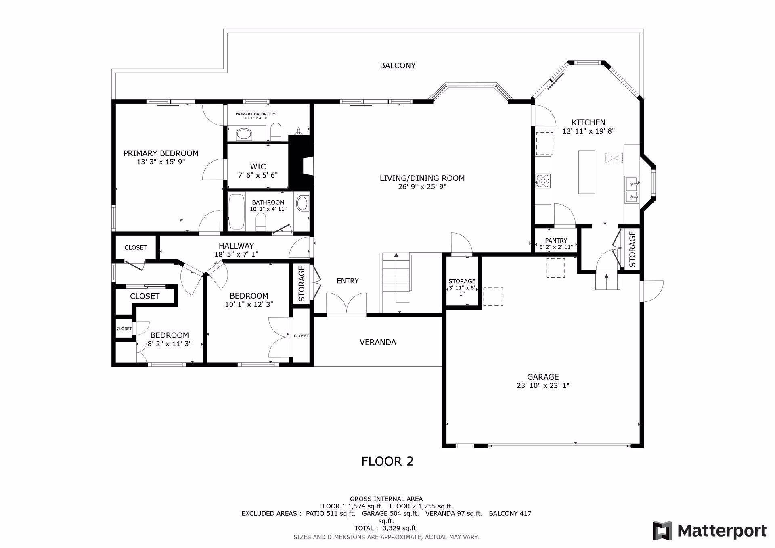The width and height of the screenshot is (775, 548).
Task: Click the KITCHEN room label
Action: [588, 122]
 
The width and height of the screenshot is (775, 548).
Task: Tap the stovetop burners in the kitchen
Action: [543, 181]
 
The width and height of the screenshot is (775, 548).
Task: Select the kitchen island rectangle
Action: [587, 172]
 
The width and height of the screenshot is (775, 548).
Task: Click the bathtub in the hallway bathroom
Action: [237, 211]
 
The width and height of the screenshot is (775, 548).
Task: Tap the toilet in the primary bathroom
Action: [276, 132]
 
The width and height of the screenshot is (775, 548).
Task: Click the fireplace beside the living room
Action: [301, 161]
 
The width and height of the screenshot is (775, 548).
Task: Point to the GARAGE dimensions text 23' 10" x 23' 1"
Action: [542, 385]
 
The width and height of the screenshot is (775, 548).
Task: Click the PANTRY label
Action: [556, 241]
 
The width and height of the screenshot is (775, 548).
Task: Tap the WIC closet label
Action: [258, 167]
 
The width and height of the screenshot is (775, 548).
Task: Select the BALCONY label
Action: [398, 65]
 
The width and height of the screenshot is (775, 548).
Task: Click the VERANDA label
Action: [378, 342]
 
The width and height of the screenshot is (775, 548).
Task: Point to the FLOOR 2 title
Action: [387, 461]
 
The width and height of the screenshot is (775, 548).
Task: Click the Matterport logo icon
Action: [662, 531]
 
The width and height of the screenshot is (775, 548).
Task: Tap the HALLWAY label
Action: [236, 246]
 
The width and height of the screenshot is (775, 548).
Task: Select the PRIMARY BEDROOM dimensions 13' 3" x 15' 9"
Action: [161, 162]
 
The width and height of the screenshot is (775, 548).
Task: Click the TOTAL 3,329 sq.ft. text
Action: [386, 528]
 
